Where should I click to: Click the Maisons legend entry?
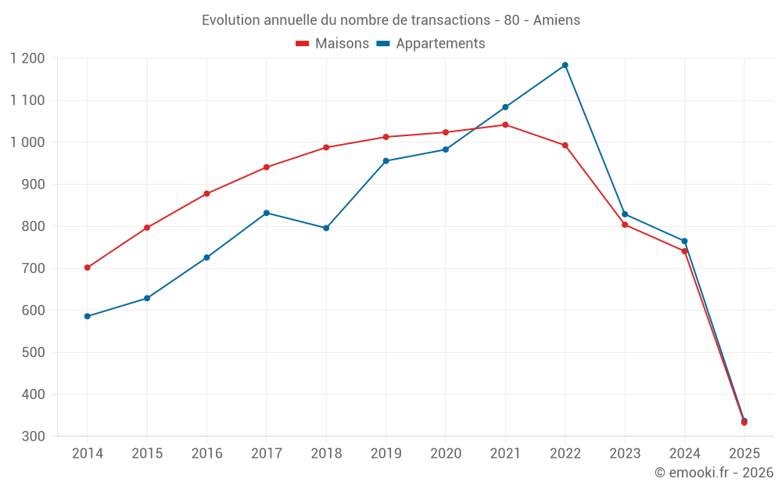(x=332, y=44)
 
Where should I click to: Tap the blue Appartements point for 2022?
(x=565, y=65)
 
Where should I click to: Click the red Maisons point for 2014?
(x=87, y=268)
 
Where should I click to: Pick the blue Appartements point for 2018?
(x=326, y=228)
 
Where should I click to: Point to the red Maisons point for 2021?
(x=505, y=124)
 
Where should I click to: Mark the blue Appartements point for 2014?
(x=87, y=316)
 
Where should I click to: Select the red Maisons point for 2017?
(x=267, y=167)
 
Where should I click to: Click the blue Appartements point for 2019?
(x=386, y=161)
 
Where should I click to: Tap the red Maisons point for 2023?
(x=625, y=225)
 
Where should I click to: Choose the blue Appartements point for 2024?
(x=684, y=241)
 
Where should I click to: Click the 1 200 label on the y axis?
(x=28, y=59)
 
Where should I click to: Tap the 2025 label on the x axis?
(x=744, y=454)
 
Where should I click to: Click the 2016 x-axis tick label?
(x=206, y=454)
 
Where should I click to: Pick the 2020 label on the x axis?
(x=446, y=454)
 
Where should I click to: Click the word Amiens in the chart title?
(x=557, y=20)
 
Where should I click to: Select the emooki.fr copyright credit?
(x=714, y=473)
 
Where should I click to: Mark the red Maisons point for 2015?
(x=147, y=228)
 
